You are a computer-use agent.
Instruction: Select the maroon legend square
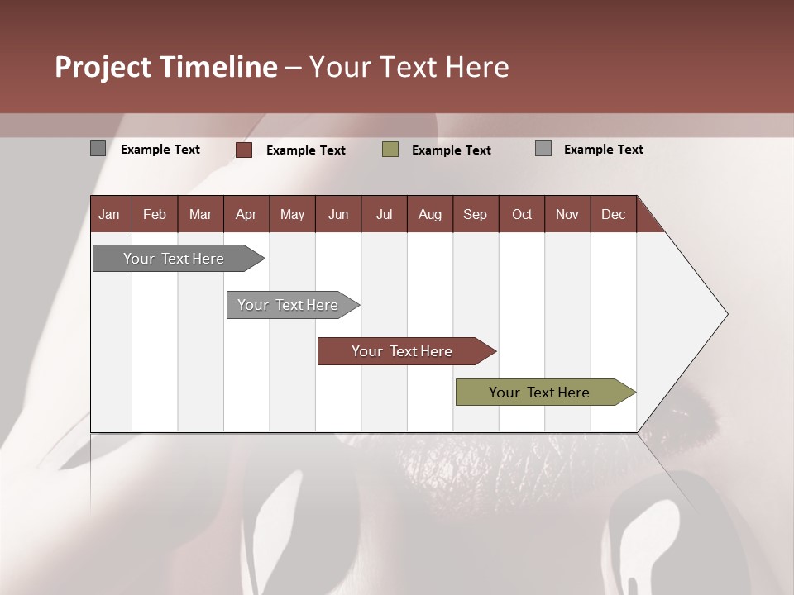(x=244, y=150)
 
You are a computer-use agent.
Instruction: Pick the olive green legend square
(x=390, y=150)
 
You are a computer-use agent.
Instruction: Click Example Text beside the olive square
(x=451, y=150)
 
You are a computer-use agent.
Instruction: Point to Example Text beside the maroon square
(x=305, y=150)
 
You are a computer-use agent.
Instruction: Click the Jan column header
(x=109, y=215)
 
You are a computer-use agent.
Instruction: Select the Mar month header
(x=200, y=215)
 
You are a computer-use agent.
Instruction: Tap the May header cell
(x=292, y=215)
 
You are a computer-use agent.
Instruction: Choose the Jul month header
(x=384, y=215)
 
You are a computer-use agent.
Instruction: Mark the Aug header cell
(x=429, y=215)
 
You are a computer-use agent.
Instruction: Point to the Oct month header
(x=521, y=215)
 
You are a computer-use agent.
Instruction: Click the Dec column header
(x=613, y=215)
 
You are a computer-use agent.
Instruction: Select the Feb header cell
(x=155, y=215)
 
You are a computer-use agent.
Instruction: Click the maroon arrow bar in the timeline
(x=403, y=351)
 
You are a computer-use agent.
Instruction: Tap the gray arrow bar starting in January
(x=174, y=259)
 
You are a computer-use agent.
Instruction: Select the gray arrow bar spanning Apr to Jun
(x=289, y=305)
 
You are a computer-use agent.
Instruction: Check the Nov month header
(x=567, y=215)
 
